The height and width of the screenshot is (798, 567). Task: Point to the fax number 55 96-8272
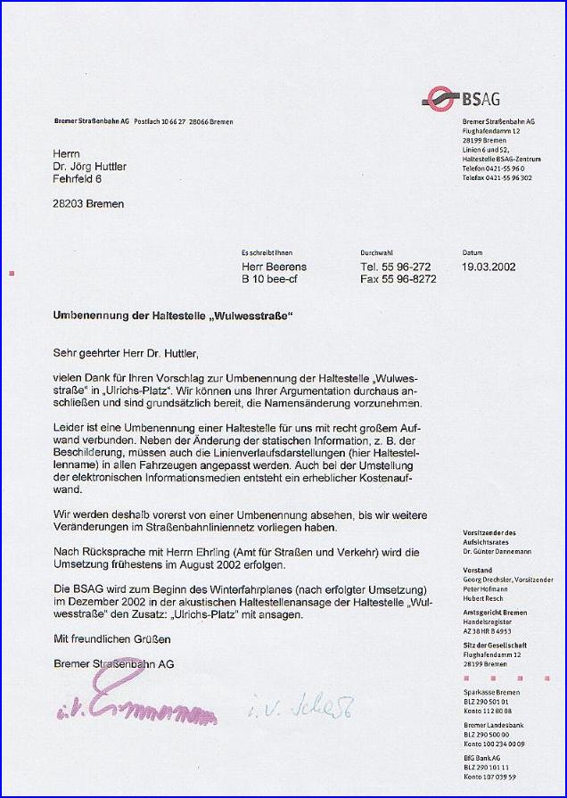(399, 279)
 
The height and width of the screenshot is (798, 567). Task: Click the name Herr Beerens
(274, 266)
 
